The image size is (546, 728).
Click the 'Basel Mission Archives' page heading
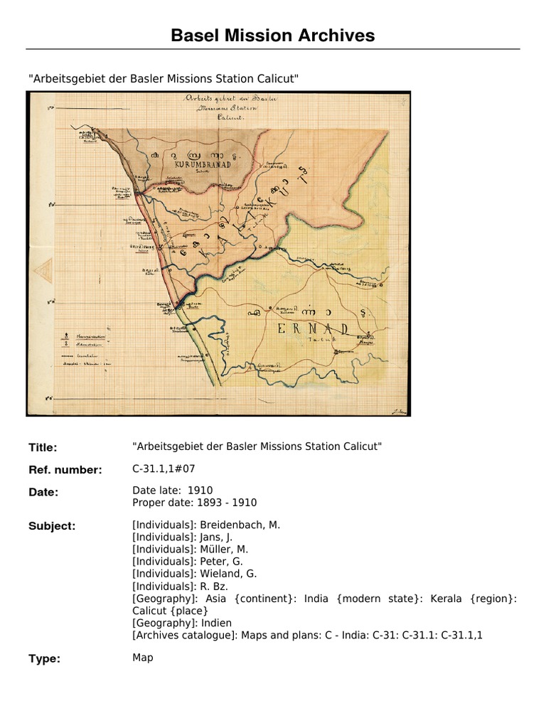pyautogui.click(x=273, y=35)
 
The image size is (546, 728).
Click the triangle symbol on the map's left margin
pyautogui.click(x=42, y=271)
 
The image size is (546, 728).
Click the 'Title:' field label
pyautogui.click(x=43, y=448)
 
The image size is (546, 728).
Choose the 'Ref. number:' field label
pyautogui.click(x=65, y=470)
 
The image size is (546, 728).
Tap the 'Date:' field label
pyautogui.click(x=43, y=492)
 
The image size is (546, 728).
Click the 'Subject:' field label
pyautogui.click(x=52, y=526)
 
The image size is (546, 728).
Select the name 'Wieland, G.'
pyautogui.click(x=225, y=574)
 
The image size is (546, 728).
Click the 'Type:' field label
pyautogui.click(x=43, y=659)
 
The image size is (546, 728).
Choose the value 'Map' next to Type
pyautogui.click(x=143, y=658)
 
